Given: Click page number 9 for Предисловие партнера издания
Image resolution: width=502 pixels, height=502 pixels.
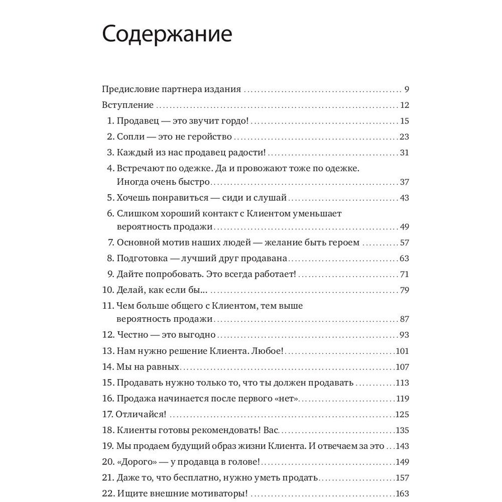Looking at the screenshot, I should click(407, 90).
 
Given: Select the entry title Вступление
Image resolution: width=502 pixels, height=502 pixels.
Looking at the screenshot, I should click(128, 105).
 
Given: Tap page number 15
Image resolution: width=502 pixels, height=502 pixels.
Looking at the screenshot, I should click(405, 121).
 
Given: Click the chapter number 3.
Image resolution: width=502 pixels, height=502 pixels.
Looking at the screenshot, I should click(111, 152).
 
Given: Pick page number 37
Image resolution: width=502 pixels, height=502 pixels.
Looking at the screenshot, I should click(405, 181).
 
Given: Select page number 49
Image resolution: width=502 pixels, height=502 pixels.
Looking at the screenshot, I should click(405, 226).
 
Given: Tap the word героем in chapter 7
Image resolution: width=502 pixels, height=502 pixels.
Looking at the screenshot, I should click(342, 242).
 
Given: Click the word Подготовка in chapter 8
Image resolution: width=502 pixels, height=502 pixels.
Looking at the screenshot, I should click(142, 259).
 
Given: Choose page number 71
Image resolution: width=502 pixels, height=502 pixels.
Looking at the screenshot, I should click(405, 274).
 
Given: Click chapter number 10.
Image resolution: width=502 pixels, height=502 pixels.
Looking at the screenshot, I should click(107, 290).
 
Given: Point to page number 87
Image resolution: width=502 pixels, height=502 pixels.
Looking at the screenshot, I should click(405, 319).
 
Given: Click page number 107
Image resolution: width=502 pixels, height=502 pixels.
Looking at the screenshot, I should click(403, 366).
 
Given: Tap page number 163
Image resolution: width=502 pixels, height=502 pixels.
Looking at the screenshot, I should click(403, 493).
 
